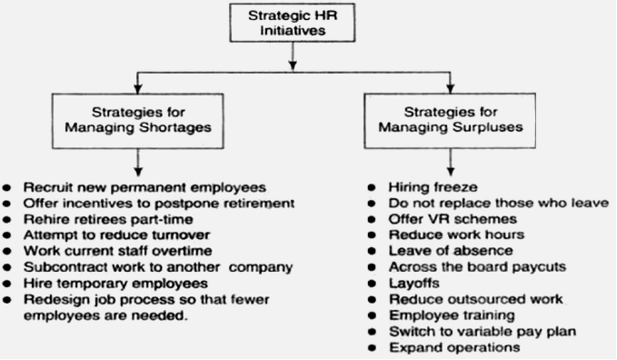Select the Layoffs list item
point(412,283)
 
